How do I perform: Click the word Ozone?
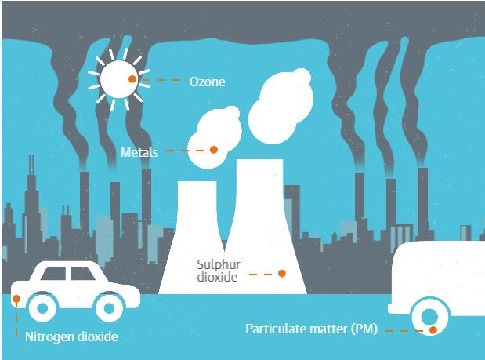(x=208, y=81)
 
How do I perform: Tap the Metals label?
(x=139, y=152)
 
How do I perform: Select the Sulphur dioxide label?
(x=216, y=271)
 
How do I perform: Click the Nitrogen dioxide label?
(x=71, y=338)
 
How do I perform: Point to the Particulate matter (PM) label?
(x=311, y=329)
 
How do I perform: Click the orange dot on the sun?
(x=132, y=79)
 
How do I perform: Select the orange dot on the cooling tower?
(x=282, y=273)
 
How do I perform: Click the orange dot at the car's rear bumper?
(x=16, y=299)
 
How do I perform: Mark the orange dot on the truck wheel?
(x=432, y=329)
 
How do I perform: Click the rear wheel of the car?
(x=41, y=305)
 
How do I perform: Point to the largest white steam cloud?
(x=281, y=100)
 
